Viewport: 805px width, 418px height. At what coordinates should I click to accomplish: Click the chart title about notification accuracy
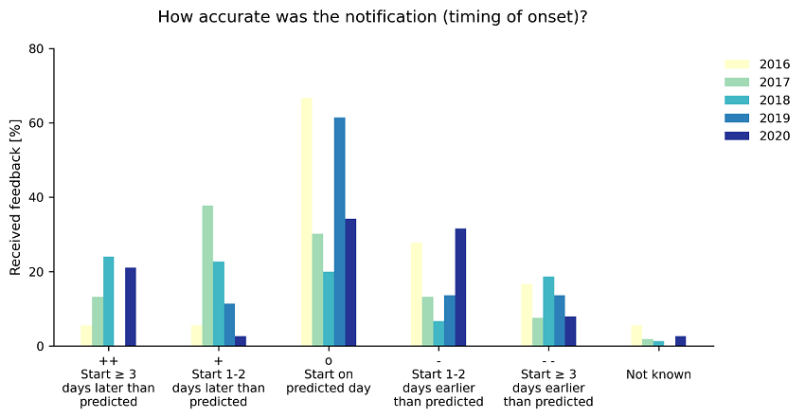(372, 17)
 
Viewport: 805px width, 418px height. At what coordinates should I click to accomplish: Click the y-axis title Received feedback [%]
(16, 198)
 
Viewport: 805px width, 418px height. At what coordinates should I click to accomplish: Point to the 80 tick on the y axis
(38, 49)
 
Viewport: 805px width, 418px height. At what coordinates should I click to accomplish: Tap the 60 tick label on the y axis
(38, 123)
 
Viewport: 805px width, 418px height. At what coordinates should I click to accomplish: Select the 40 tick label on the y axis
(38, 197)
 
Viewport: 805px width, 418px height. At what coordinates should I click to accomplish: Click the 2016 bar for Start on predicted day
(306, 222)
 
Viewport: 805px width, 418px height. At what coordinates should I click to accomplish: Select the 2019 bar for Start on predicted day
(339, 231)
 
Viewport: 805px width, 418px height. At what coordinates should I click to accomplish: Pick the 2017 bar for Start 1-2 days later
(207, 276)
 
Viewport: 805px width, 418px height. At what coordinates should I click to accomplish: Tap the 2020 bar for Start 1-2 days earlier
(460, 287)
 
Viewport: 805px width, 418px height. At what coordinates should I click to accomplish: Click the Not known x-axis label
(658, 374)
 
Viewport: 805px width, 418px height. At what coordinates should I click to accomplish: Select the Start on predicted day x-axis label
(329, 381)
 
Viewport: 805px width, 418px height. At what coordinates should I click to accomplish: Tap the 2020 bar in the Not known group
(680, 341)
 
